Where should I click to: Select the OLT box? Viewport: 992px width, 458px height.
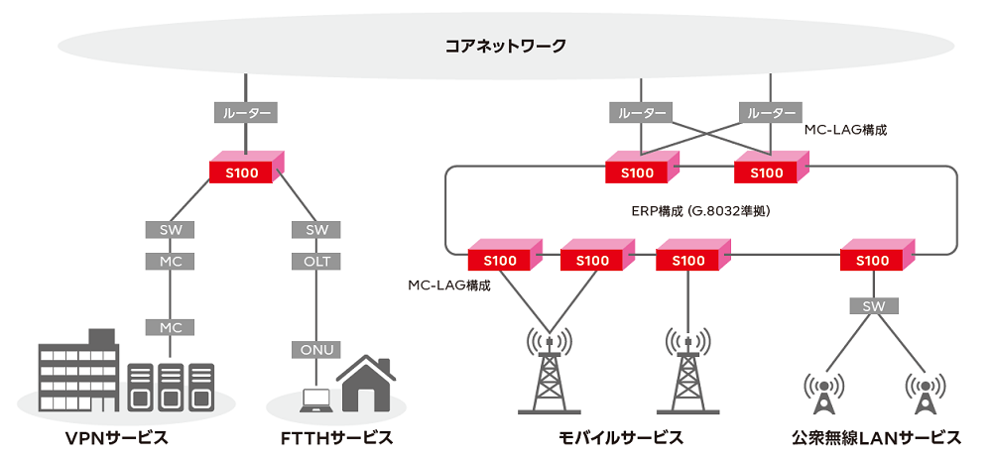pyautogui.click(x=317, y=262)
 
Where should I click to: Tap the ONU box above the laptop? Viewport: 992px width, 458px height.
pyautogui.click(x=317, y=349)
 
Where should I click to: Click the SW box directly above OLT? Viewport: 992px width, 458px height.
pyautogui.click(x=317, y=229)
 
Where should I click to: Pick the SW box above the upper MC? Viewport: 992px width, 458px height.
pyautogui.click(x=171, y=229)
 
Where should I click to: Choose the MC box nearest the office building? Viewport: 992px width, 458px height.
pyautogui.click(x=171, y=326)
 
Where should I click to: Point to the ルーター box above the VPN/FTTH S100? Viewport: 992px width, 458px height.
pyautogui.click(x=244, y=113)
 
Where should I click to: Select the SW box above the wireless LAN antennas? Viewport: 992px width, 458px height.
pyautogui.click(x=872, y=305)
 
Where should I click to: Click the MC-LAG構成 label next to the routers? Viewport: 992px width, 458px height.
pyautogui.click(x=844, y=129)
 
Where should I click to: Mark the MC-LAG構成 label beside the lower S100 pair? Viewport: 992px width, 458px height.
pyautogui.click(x=449, y=285)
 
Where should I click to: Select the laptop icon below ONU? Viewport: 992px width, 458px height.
pyautogui.click(x=314, y=399)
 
